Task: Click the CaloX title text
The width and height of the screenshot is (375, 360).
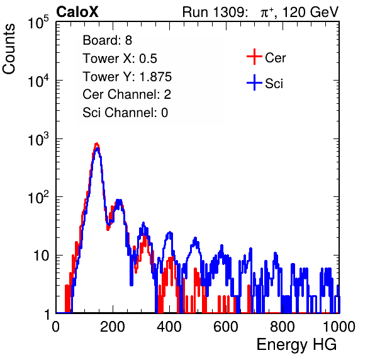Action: point(77,12)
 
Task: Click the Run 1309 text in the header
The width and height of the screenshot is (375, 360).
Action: point(215,12)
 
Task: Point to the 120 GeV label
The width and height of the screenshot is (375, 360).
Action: point(311,12)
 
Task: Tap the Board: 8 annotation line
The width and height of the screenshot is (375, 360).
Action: point(108,40)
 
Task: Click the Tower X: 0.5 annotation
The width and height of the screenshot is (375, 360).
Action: point(120,59)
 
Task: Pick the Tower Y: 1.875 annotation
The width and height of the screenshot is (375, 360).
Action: point(127,77)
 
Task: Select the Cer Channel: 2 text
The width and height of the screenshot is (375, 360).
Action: point(126,94)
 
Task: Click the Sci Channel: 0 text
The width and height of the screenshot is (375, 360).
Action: point(125,113)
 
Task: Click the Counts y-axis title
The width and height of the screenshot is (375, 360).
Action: point(9,49)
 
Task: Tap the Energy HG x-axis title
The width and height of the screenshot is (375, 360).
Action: point(297,345)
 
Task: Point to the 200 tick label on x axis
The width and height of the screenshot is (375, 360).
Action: point(113,327)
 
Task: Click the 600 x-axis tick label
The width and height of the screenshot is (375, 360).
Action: point(226,327)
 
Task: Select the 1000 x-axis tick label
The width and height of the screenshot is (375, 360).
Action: point(339,327)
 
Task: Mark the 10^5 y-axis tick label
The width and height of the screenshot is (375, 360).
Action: point(38,23)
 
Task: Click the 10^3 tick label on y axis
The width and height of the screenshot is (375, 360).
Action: point(38,140)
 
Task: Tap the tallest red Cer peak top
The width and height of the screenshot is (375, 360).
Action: point(97,143)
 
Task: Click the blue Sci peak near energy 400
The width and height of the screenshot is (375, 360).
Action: point(169,233)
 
